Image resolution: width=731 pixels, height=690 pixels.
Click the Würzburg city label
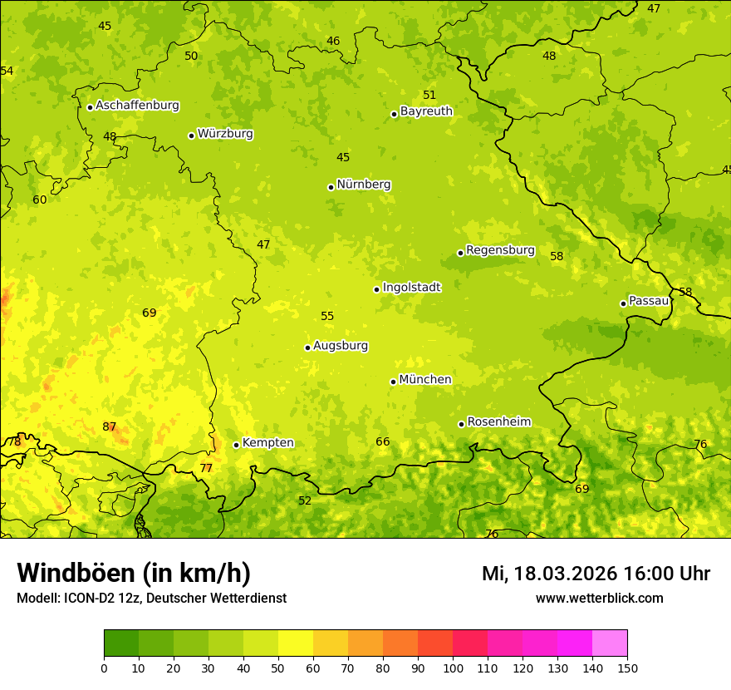point(225,134)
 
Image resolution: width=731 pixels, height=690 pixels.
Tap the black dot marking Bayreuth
point(394,114)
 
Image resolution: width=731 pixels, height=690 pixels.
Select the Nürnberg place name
point(364,185)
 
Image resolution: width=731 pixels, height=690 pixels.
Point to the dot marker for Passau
point(623,303)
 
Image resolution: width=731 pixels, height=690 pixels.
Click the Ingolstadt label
point(411,288)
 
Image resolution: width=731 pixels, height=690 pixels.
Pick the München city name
point(425,380)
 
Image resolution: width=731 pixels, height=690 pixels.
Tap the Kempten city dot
point(236,445)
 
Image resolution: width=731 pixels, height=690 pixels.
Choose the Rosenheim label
point(498,422)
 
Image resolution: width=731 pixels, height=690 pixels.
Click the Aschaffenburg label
point(137,106)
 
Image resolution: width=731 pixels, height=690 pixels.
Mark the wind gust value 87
point(110,427)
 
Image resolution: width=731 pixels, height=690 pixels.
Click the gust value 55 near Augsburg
point(327,317)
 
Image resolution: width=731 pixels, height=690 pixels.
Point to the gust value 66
point(383,442)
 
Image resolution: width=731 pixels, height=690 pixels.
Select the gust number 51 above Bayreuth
point(429,96)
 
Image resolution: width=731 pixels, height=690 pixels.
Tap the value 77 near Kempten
point(206,469)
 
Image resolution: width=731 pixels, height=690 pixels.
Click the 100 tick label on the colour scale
point(453,668)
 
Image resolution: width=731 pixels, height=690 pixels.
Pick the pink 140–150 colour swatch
point(610,643)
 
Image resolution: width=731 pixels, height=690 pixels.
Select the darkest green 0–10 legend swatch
point(121,643)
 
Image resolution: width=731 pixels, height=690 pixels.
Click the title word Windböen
point(75,573)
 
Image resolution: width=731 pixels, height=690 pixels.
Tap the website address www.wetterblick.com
point(599,599)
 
